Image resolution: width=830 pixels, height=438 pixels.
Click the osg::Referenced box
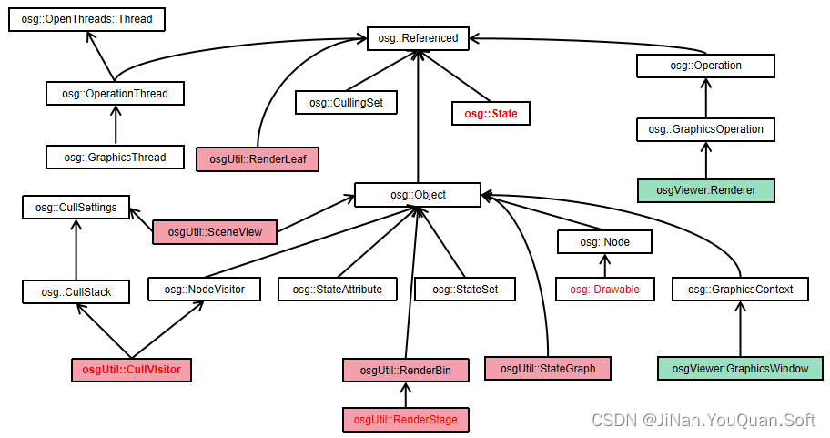(x=418, y=38)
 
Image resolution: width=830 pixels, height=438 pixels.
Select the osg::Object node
(x=418, y=195)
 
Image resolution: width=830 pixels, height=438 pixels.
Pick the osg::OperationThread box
(x=115, y=93)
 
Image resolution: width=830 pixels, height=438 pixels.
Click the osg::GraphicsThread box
(x=115, y=158)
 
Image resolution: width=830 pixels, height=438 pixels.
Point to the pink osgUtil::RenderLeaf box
(x=258, y=159)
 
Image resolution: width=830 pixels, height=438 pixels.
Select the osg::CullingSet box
(x=345, y=103)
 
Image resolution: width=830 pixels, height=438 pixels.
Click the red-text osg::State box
(x=491, y=114)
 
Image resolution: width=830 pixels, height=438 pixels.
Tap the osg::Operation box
(x=705, y=66)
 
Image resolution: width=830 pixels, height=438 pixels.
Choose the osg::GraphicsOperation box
(x=705, y=129)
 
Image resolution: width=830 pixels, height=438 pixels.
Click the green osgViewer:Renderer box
(x=705, y=191)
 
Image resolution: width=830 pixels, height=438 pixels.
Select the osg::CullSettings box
(x=76, y=208)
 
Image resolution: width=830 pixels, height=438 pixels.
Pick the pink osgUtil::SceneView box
(x=215, y=232)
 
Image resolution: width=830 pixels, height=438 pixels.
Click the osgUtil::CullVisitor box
(x=132, y=370)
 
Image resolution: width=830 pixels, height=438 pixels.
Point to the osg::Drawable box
(x=604, y=290)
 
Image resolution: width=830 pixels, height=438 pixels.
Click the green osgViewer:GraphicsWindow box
(x=740, y=369)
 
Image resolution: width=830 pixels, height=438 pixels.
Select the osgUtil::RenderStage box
(x=405, y=420)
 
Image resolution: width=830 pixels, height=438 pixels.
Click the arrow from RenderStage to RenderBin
(x=405, y=394)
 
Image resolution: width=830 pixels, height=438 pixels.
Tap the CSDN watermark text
(x=703, y=420)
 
